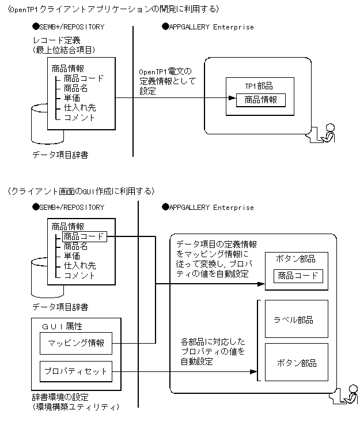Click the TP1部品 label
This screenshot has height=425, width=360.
click(x=259, y=86)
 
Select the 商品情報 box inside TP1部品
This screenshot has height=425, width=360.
click(x=260, y=100)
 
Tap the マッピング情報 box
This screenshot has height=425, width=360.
click(x=76, y=343)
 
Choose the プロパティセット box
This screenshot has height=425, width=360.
click(x=76, y=371)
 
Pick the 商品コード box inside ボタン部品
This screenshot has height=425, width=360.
click(x=298, y=276)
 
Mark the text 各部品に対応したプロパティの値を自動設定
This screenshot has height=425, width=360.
click(x=213, y=352)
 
